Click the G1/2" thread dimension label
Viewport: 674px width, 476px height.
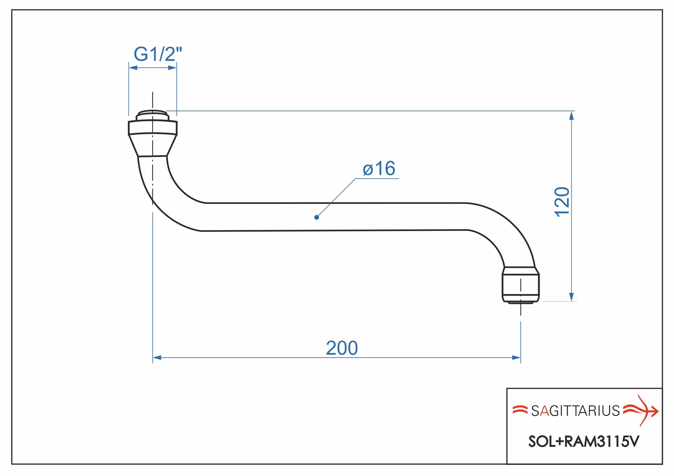pos(158,54)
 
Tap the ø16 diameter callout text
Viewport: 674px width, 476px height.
pos(379,168)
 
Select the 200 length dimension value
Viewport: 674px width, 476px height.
pos(342,348)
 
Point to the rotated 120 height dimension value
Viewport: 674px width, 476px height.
pos(562,202)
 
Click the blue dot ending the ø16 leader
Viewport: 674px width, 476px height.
pos(317,217)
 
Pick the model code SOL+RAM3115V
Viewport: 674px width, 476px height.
pos(584,442)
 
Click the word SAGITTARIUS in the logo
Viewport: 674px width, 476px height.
pos(575,411)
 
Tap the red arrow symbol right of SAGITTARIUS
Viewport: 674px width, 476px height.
pos(641,410)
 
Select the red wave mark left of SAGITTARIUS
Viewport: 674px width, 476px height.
pos(520,410)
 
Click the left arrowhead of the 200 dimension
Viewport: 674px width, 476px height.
pos(157,358)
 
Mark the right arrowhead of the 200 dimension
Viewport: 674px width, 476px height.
pos(516,358)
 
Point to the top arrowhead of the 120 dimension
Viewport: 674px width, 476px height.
pos(571,115)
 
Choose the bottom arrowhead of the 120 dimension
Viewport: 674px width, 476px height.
pos(571,297)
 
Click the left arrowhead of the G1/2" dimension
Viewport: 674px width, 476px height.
pos(133,68)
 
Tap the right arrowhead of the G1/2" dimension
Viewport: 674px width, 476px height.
pos(172,68)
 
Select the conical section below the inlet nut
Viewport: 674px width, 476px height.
pos(152,145)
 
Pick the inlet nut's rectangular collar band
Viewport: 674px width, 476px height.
pos(153,128)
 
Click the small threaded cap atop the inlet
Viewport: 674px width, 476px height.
pos(152,115)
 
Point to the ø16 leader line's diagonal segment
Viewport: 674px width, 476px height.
pos(336,198)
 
